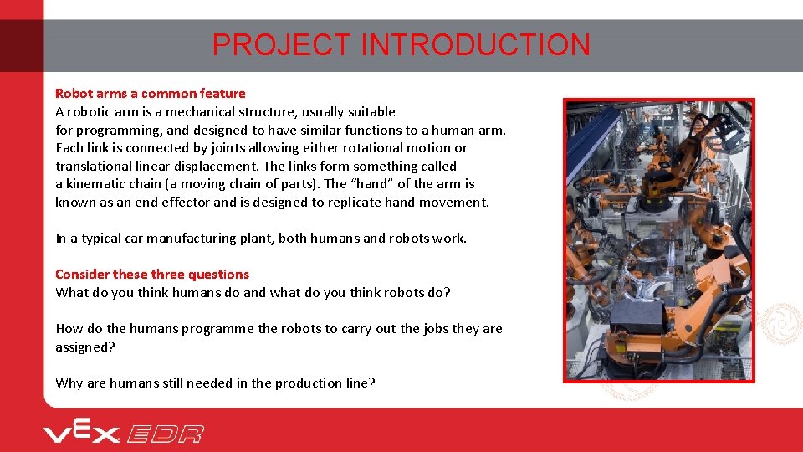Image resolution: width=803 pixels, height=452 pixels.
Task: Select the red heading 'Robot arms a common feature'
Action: (151, 94)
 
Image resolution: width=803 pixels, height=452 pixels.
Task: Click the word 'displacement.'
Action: (220, 166)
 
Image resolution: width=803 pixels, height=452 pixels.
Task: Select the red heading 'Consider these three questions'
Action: (152, 275)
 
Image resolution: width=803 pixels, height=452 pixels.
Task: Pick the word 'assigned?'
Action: (84, 347)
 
